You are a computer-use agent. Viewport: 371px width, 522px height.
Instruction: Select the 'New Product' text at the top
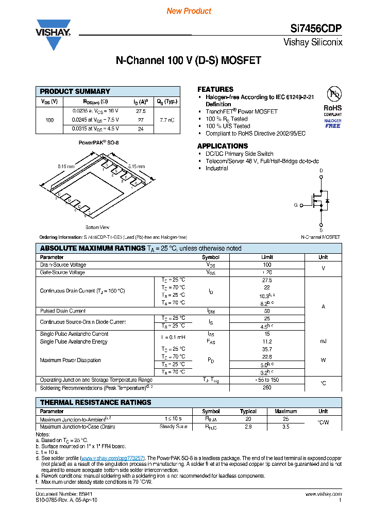[x=189, y=11]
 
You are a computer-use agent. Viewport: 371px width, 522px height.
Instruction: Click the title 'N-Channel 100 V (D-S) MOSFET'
[x=188, y=61]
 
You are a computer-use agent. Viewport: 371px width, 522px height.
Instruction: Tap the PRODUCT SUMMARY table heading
[x=75, y=91]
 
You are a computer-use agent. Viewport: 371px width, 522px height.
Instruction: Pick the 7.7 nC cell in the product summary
[x=166, y=120]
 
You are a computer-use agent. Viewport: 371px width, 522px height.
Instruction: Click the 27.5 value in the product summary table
[x=141, y=111]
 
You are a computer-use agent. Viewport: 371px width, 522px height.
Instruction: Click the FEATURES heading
[x=215, y=89]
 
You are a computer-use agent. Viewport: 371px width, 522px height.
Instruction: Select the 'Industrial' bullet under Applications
[x=216, y=168]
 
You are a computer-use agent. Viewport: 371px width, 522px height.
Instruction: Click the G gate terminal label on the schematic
[x=296, y=205]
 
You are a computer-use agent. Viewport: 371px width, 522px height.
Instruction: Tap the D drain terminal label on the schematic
[x=321, y=170]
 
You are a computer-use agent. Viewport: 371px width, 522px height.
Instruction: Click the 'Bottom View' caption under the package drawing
[x=97, y=227]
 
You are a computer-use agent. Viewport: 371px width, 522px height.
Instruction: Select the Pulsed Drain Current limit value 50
[x=267, y=311]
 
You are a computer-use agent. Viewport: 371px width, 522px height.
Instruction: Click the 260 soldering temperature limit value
[x=267, y=388]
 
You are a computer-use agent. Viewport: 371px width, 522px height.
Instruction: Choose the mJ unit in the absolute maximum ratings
[x=323, y=341]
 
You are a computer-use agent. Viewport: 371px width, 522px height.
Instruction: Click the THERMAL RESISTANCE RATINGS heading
[x=96, y=402]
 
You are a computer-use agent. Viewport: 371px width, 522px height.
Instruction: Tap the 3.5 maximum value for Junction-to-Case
[x=285, y=427]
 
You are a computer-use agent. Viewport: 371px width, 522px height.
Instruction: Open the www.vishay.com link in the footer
[x=326, y=494]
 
